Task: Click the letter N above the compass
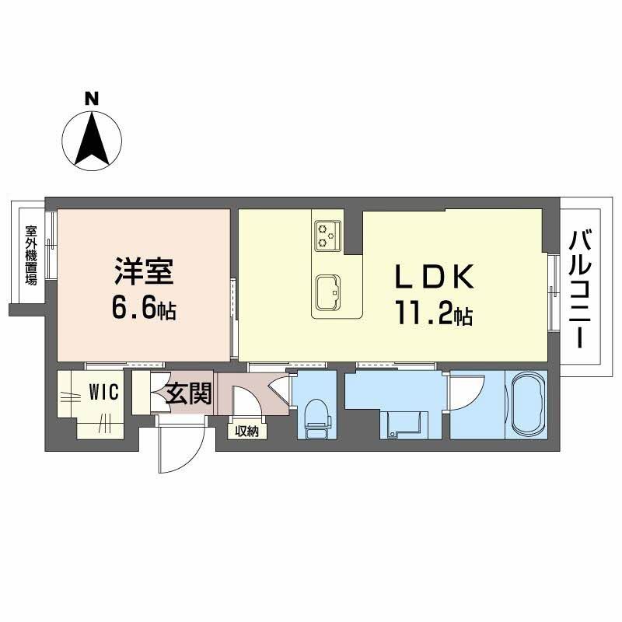(92, 99)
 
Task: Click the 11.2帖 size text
(434, 315)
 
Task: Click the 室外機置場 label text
(31, 256)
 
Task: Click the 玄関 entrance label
(188, 393)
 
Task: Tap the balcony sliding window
(553, 291)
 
